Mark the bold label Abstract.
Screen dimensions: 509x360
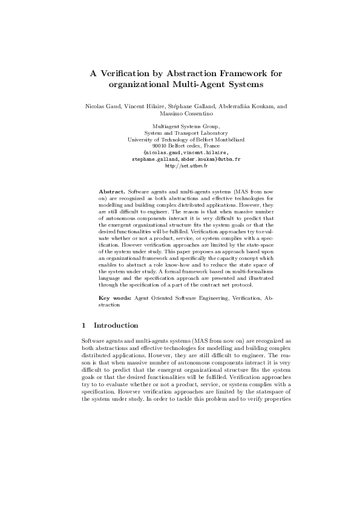point(112,190)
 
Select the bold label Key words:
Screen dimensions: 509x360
point(115,299)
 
